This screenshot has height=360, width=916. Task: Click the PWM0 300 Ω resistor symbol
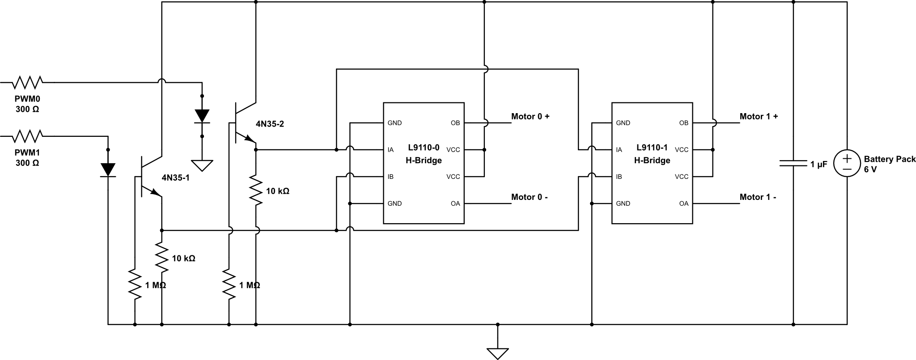pyautogui.click(x=27, y=82)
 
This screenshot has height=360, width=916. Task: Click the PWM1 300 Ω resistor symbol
pyautogui.click(x=27, y=136)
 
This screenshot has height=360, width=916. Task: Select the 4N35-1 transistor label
pyautogui.click(x=175, y=178)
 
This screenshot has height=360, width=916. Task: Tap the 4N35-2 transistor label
pyautogui.click(x=270, y=124)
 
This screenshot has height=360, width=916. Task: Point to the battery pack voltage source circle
pyautogui.click(x=847, y=164)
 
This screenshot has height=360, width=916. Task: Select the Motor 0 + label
pyautogui.click(x=530, y=117)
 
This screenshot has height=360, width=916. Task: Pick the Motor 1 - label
pyautogui.click(x=758, y=197)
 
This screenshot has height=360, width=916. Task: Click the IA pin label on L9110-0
pyautogui.click(x=390, y=150)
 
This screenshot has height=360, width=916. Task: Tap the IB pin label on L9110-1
pyautogui.click(x=619, y=177)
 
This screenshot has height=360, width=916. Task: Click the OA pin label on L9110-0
pyautogui.click(x=455, y=203)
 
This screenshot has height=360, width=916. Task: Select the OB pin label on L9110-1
pyautogui.click(x=683, y=123)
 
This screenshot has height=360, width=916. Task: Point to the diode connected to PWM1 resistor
pyautogui.click(x=108, y=169)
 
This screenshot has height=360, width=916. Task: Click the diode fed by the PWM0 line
pyautogui.click(x=202, y=116)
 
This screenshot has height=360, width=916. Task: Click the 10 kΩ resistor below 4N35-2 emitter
pyautogui.click(x=256, y=191)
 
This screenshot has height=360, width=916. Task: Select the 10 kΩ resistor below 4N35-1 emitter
pyautogui.click(x=161, y=258)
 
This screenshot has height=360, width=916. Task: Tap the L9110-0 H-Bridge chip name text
pyautogui.click(x=424, y=154)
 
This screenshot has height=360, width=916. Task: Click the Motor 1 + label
pyautogui.click(x=759, y=117)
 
